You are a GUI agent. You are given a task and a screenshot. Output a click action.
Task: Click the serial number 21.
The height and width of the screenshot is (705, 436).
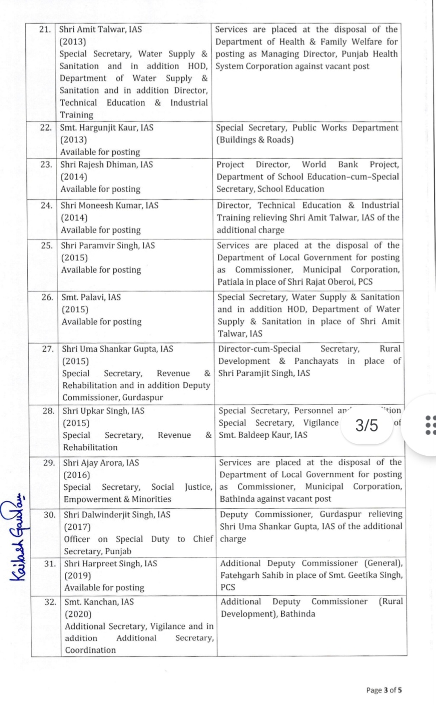44,29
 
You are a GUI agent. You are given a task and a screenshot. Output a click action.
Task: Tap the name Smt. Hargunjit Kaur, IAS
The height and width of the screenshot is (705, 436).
107,128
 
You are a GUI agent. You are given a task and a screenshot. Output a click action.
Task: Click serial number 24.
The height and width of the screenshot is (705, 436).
46,206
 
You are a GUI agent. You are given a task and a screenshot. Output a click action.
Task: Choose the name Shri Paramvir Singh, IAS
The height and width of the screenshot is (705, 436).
108,245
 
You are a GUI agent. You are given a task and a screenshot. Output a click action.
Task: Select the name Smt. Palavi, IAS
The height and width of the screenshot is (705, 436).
91,297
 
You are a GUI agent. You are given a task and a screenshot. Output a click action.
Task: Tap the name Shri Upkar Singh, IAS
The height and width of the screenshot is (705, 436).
104,411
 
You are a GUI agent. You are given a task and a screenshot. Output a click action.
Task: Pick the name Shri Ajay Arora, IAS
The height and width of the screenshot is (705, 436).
101,463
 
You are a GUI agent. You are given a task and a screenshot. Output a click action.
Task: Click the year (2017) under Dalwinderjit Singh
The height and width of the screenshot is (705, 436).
77,527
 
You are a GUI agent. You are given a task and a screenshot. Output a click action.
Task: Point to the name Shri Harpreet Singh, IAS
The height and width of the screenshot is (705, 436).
110,564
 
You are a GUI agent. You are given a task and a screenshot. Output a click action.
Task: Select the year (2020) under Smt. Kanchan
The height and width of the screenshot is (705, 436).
78,614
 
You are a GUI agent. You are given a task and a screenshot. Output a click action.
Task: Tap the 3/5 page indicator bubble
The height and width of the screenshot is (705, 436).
367,425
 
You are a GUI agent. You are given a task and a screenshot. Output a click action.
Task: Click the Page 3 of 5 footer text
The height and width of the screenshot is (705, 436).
384,690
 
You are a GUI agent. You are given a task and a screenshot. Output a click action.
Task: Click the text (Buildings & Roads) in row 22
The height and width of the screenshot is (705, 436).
255,140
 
